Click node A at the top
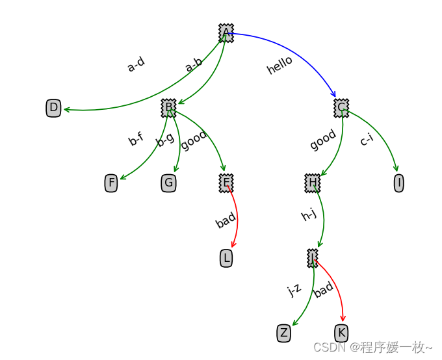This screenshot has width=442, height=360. pyautogui.click(x=226, y=32)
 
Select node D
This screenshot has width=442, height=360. pyautogui.click(x=53, y=108)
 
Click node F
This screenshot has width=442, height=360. pyautogui.click(x=111, y=183)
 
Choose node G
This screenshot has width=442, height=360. pyautogui.click(x=168, y=183)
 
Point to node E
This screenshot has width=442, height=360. pyautogui.click(x=226, y=183)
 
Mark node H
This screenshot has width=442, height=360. pyautogui.click(x=312, y=183)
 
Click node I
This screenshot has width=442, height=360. pyautogui.click(x=398, y=183)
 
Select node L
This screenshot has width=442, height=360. pyautogui.click(x=226, y=259)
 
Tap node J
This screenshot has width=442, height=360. pyautogui.click(x=312, y=258)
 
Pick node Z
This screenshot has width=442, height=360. pyautogui.click(x=283, y=333)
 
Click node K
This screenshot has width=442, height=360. pyautogui.click(x=341, y=333)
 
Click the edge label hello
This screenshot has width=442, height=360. pyautogui.click(x=279, y=65)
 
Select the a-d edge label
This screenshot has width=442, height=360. pyautogui.click(x=136, y=64)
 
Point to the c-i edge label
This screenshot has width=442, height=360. pyautogui.click(x=366, y=139)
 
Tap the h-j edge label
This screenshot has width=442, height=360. pyautogui.click(x=309, y=214)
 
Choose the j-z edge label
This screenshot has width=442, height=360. pyautogui.click(x=294, y=290)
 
